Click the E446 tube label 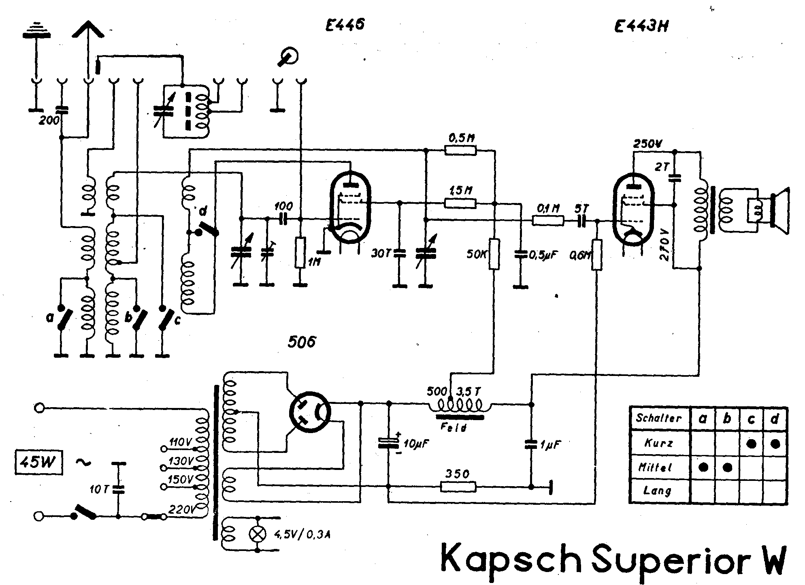345,26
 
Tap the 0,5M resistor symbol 461,151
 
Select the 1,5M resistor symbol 461,203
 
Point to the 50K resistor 494,254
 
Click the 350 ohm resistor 458,487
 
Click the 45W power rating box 39,462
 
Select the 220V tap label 181,510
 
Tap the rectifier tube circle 310,412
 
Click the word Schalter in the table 659,418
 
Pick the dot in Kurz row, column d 775,444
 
